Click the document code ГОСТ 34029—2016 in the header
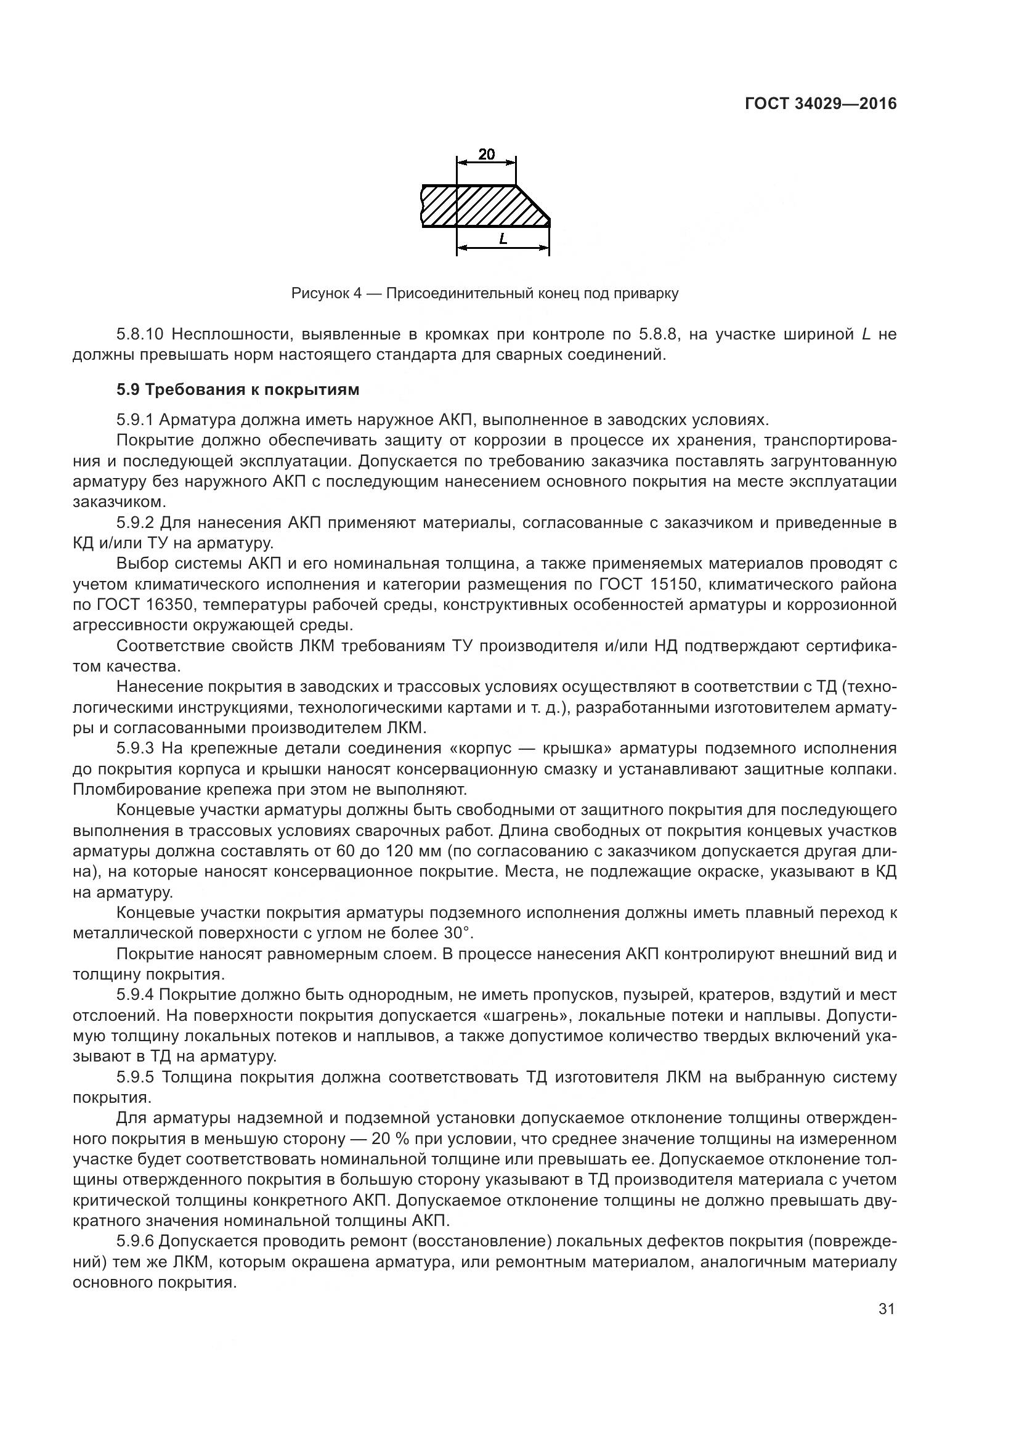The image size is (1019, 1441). [x=821, y=104]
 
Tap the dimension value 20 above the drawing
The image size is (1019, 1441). [x=486, y=154]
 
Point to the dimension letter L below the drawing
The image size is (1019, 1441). [x=503, y=238]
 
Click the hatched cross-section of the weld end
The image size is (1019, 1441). [x=483, y=205]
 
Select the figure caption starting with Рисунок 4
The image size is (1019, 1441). [x=485, y=293]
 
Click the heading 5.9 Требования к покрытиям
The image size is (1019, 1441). [x=238, y=390]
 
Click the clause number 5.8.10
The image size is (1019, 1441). [x=139, y=335]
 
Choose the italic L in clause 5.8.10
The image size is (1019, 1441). [x=866, y=335]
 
